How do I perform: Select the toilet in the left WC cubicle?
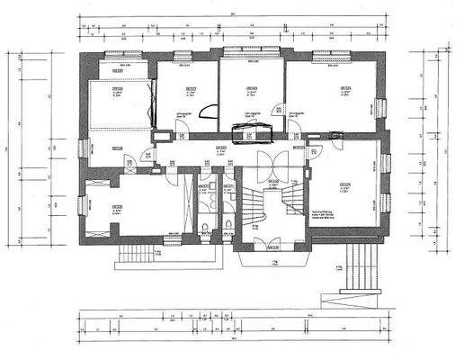(x=206, y=228)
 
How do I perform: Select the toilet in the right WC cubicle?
(x=230, y=228)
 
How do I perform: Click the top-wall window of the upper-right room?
(x=330, y=55)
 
